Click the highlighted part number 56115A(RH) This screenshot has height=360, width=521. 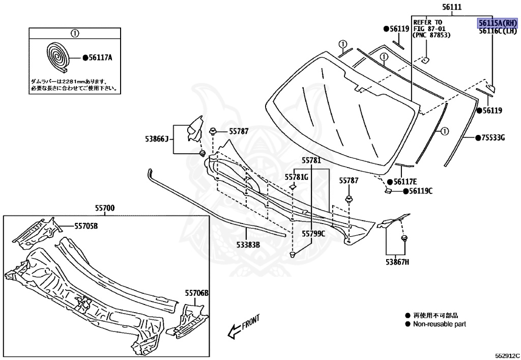click(497, 23)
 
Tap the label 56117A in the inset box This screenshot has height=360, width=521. click(100, 58)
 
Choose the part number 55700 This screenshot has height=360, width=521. click(104, 208)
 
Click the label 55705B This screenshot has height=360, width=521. click(86, 226)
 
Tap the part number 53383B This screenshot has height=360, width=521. click(248, 245)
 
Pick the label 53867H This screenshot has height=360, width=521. click(397, 262)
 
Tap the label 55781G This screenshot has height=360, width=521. click(296, 177)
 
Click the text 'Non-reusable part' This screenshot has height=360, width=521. click(439, 324)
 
